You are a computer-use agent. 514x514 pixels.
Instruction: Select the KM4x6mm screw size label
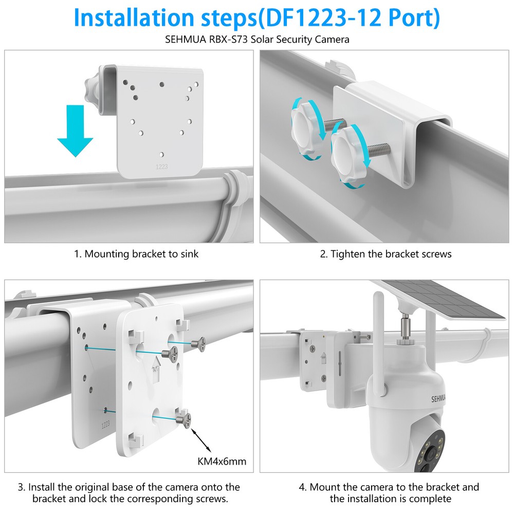(x=222, y=461)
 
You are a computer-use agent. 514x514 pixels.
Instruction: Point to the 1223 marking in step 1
(x=162, y=167)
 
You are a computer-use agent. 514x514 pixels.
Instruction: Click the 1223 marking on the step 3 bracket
(x=105, y=424)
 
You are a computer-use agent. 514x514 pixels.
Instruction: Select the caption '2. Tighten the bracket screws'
(x=385, y=254)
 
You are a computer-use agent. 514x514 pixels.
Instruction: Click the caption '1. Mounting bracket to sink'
(x=135, y=254)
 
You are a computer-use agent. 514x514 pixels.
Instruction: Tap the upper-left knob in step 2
(x=306, y=122)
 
